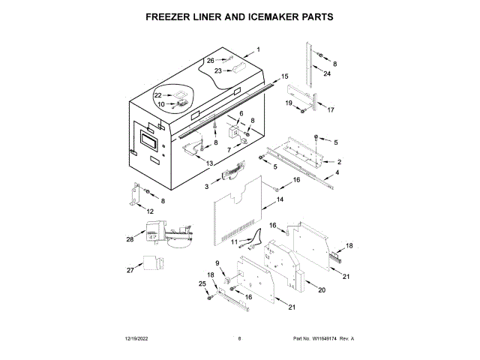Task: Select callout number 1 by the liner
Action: [x=258, y=50]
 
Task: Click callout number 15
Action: [x=285, y=76]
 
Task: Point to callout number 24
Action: [x=327, y=73]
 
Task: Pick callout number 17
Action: [x=331, y=109]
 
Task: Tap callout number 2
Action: [x=340, y=161]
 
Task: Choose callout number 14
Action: [x=280, y=200]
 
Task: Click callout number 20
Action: [x=321, y=290]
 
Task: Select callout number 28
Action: [x=130, y=239]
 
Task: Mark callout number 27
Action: [x=130, y=270]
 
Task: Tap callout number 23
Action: [x=218, y=70]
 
